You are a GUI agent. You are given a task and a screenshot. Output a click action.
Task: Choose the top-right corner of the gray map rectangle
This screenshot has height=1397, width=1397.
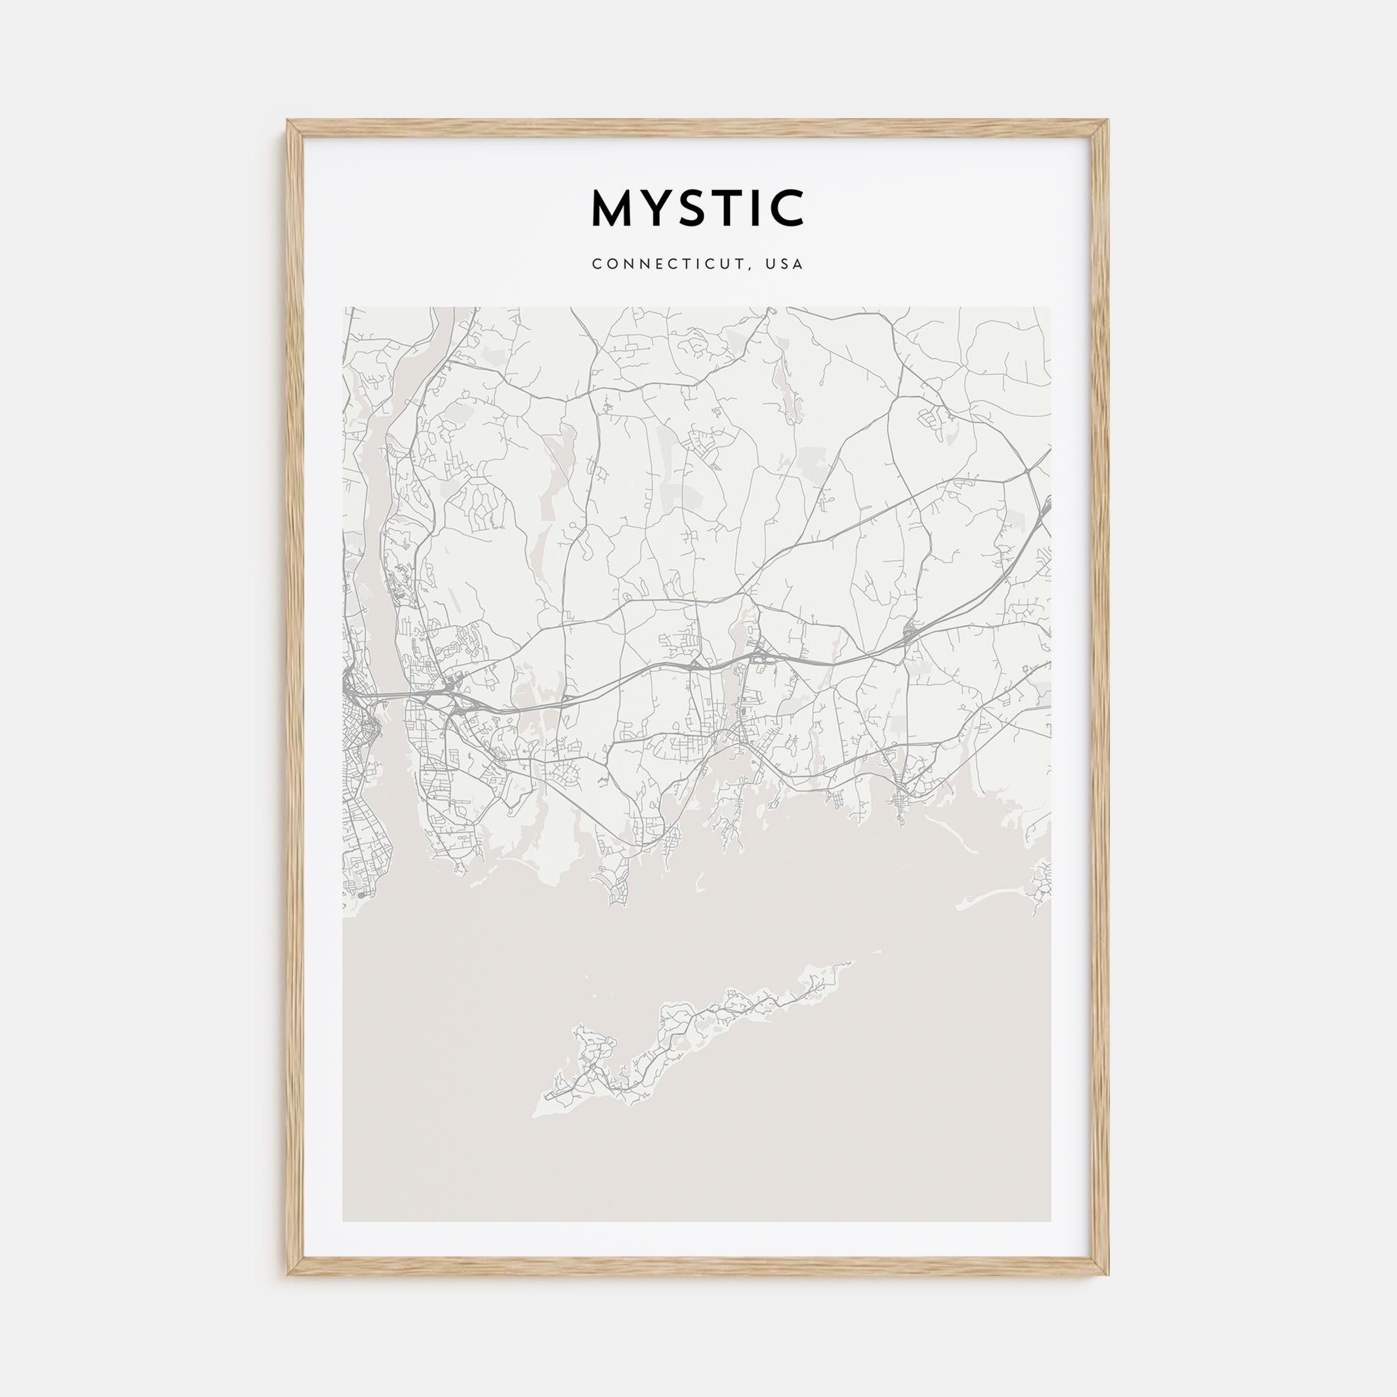[1051, 308]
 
